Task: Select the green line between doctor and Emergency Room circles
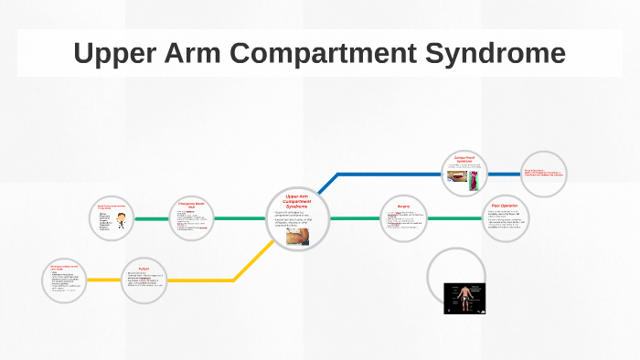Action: [151, 219]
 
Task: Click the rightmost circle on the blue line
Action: [542, 173]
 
